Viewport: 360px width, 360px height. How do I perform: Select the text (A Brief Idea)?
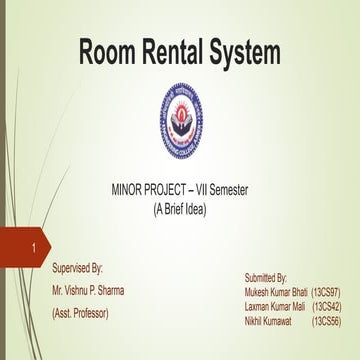coord(180,209)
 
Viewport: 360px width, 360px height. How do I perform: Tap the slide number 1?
coord(35,247)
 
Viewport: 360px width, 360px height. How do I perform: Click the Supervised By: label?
coord(77,268)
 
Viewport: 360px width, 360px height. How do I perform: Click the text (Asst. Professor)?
coord(79,313)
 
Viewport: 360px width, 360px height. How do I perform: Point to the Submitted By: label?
coord(266,275)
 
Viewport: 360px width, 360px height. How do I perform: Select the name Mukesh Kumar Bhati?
coord(275,290)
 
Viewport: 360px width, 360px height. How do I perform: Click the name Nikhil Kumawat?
coord(269,321)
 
